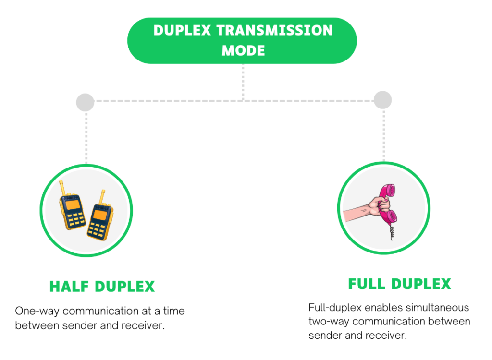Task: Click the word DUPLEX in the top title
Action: click(x=183, y=30)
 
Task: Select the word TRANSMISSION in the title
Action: click(x=274, y=30)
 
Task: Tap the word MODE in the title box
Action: click(x=243, y=50)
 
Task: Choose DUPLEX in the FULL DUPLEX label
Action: click(x=421, y=284)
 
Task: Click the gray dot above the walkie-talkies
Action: click(x=85, y=102)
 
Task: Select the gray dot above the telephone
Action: click(x=382, y=100)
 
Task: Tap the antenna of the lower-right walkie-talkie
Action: click(x=102, y=197)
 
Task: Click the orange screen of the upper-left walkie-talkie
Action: click(x=73, y=205)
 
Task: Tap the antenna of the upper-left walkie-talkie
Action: click(x=61, y=188)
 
